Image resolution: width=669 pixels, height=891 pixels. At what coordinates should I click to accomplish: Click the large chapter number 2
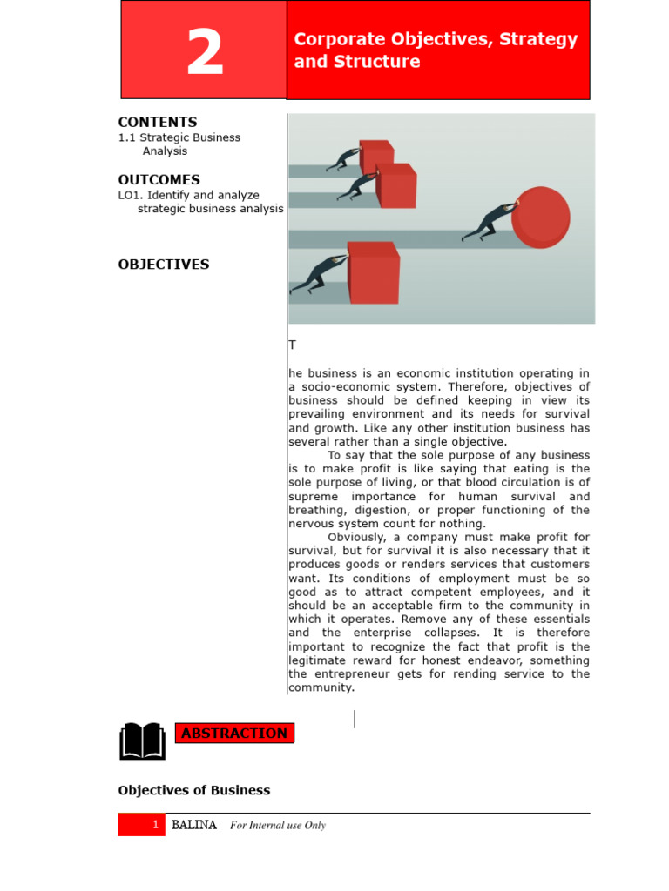point(205,53)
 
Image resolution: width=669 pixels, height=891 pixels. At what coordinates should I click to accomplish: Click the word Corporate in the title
point(333,39)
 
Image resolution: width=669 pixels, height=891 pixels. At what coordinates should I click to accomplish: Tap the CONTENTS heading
point(158,123)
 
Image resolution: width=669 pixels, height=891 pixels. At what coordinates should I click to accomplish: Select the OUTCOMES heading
point(159,180)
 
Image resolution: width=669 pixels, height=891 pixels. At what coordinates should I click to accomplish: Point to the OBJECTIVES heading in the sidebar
point(164,265)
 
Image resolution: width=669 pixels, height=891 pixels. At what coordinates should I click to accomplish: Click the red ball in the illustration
point(541,218)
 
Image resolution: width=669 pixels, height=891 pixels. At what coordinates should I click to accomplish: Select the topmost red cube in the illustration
point(376,157)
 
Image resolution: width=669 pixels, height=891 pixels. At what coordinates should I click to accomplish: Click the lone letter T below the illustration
point(293,345)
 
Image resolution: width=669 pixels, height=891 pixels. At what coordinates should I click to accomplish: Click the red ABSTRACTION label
point(234,734)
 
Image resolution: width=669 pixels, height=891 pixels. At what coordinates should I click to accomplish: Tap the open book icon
point(142,741)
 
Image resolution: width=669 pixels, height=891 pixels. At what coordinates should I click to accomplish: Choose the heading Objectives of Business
point(194,791)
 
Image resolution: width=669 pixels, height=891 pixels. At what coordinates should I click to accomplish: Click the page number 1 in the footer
point(155,825)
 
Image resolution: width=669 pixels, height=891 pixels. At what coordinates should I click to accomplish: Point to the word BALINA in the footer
point(194,825)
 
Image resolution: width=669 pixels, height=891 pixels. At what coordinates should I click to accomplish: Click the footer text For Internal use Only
point(278,826)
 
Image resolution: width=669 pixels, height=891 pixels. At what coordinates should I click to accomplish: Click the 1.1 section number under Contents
point(127,137)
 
